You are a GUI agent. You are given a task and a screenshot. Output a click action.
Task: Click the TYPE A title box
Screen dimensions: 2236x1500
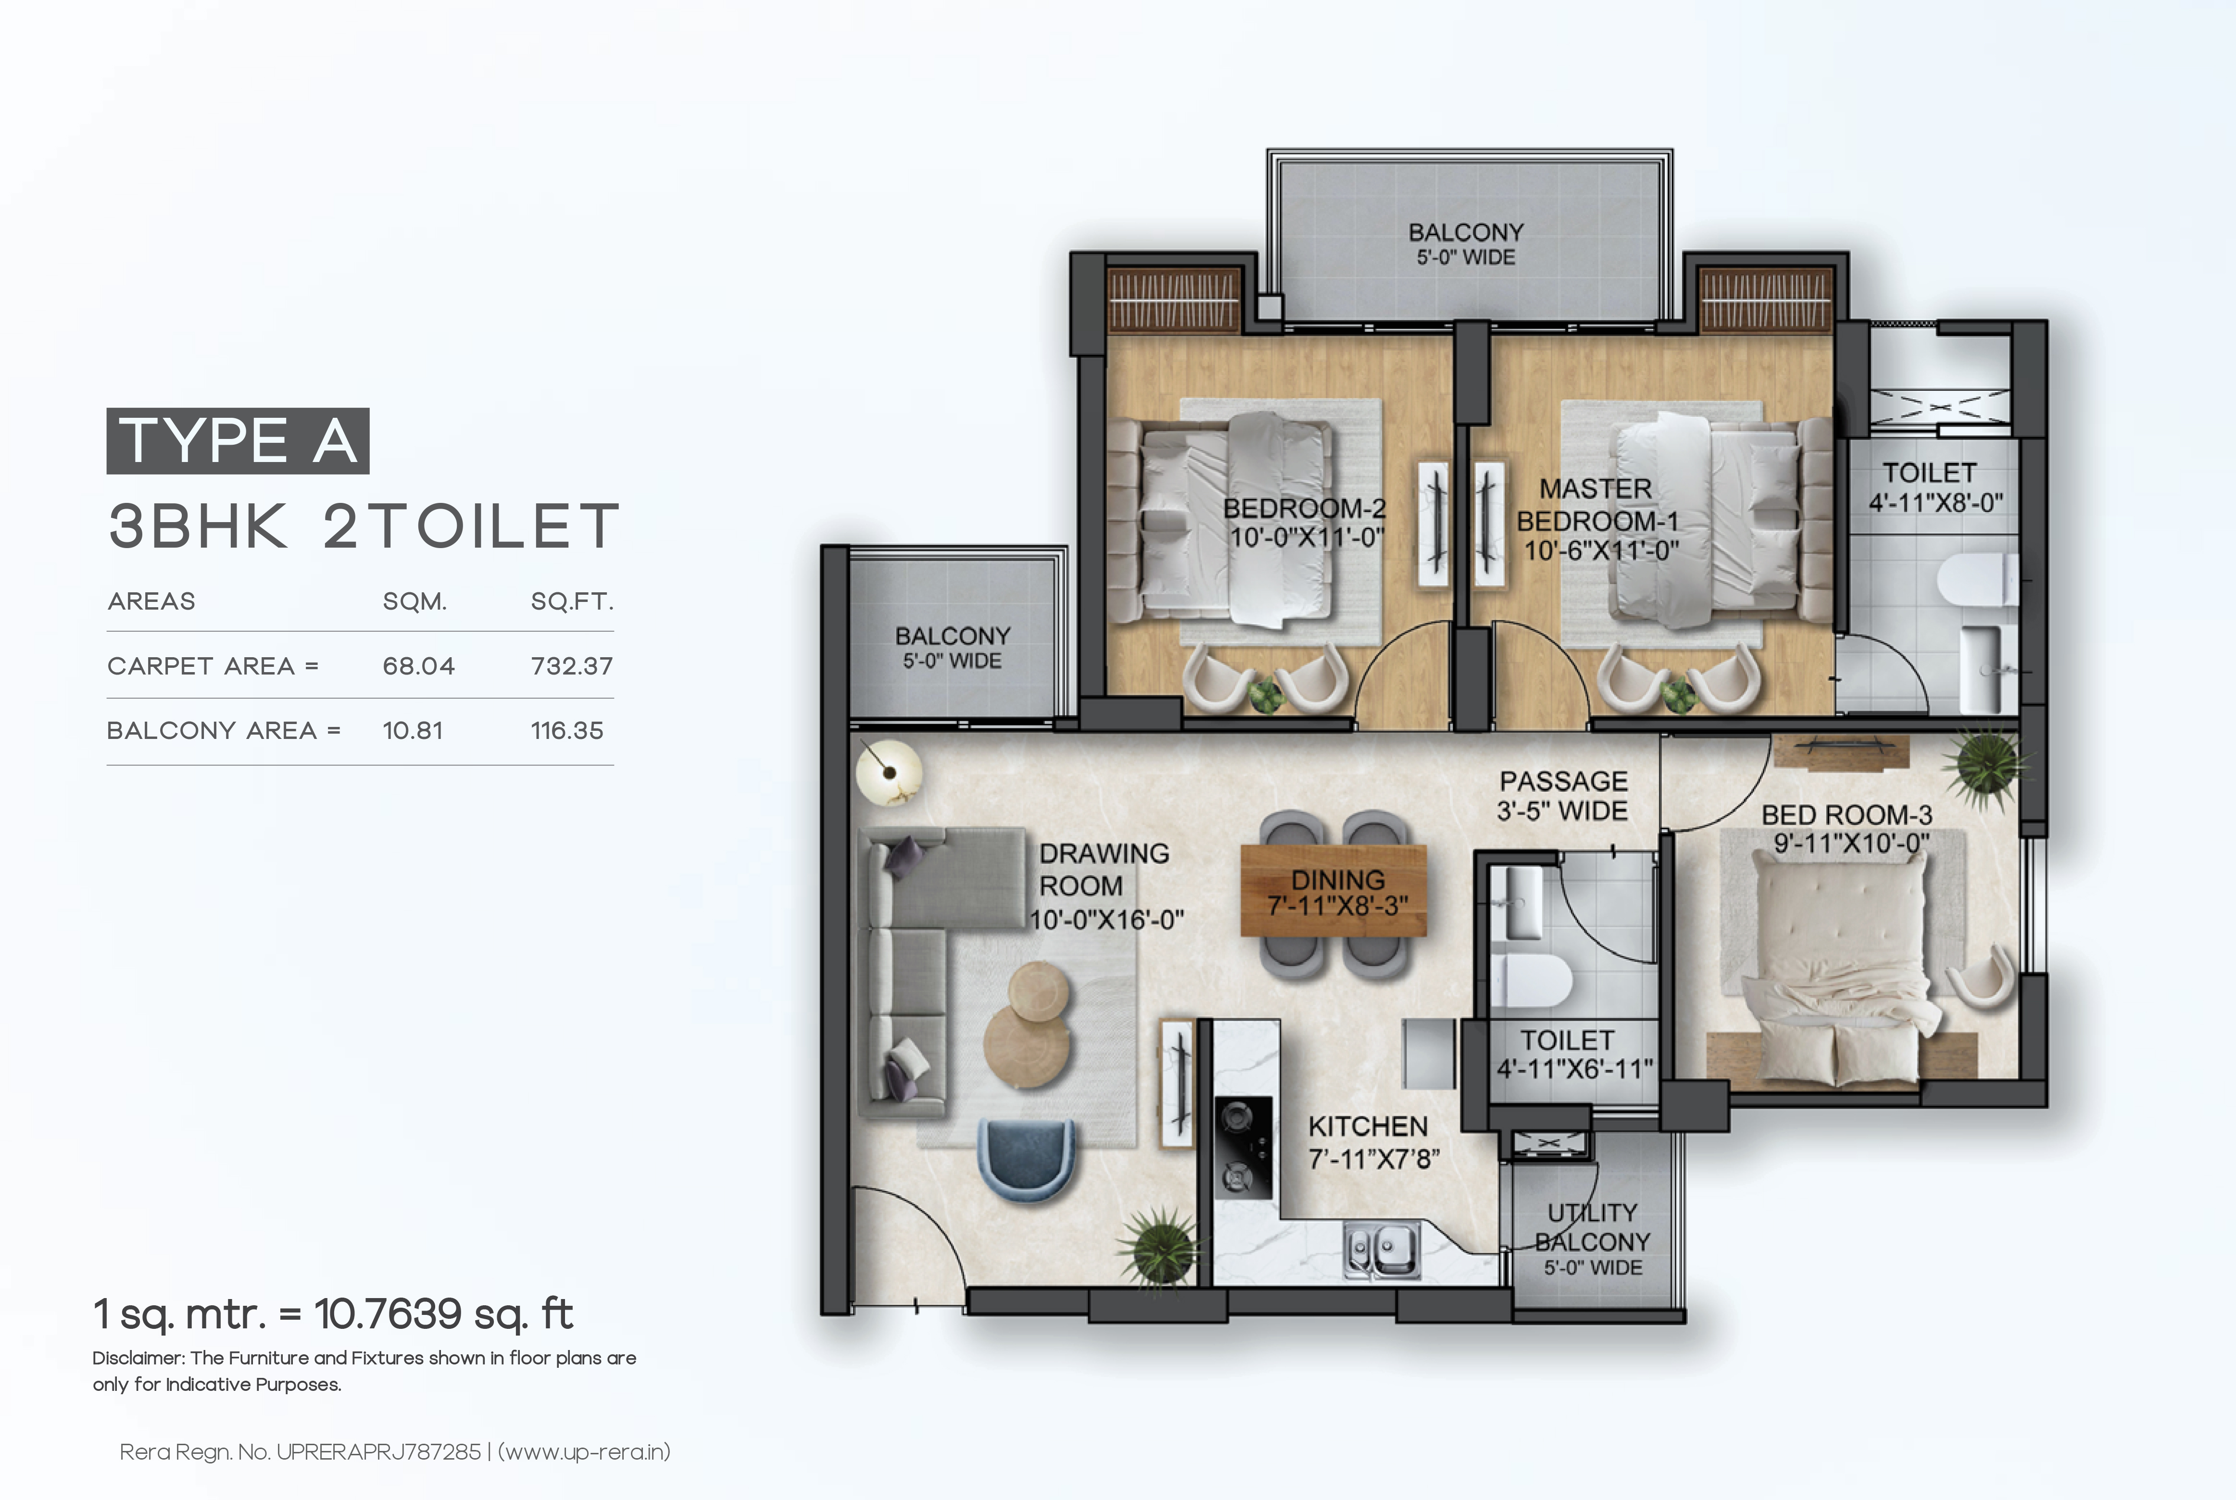pyautogui.click(x=237, y=441)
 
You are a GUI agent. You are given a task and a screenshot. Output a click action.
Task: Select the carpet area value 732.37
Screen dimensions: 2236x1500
pyautogui.click(x=571, y=666)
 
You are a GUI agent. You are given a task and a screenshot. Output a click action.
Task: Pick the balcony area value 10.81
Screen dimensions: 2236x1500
pyautogui.click(x=413, y=731)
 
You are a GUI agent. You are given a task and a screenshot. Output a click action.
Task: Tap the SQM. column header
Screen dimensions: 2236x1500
pyautogui.click(x=415, y=602)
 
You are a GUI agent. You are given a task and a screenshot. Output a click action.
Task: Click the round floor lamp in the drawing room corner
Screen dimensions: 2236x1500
pyautogui.click(x=888, y=771)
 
